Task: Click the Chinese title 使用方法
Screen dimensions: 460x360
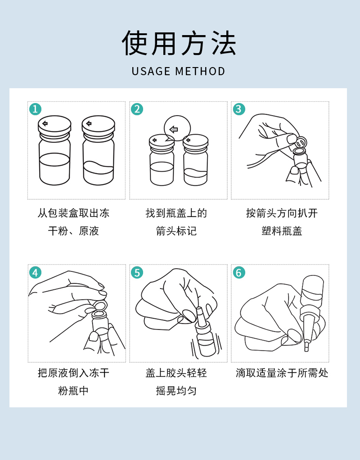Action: pos(179,44)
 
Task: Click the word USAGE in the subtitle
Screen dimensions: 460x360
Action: pos(151,72)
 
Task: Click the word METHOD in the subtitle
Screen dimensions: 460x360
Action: pos(200,72)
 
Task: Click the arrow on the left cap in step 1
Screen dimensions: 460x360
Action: pos(45,123)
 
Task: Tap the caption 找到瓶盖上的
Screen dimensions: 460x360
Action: pos(176,213)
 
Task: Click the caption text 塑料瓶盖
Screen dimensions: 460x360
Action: pos(282,231)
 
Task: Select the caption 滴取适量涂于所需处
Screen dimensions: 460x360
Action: pos(282,373)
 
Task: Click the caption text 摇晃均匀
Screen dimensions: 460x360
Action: pos(176,391)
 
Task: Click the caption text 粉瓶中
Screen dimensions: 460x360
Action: pos(73,391)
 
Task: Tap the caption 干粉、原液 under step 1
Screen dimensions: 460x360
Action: pos(73,231)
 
